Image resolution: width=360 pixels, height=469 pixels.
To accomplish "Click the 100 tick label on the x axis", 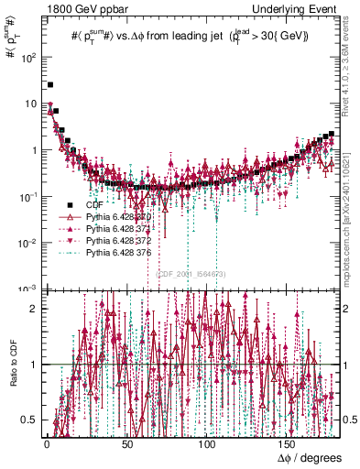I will (209, 443).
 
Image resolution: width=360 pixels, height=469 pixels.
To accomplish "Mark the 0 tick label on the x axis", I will (47, 443).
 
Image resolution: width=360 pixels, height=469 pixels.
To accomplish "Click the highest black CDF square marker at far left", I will (49, 85).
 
